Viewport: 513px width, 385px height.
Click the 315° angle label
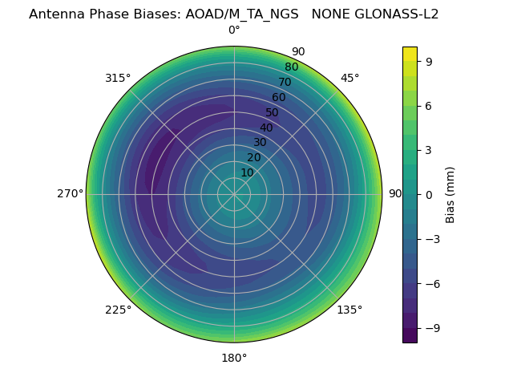(x=118, y=78)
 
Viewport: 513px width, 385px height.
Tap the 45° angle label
(x=350, y=78)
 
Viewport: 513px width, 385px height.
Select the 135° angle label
(x=349, y=310)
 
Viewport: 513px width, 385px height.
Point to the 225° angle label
(x=118, y=310)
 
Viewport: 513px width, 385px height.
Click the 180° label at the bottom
(x=234, y=358)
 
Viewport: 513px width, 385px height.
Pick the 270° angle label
(x=70, y=193)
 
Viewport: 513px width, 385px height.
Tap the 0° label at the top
(x=234, y=30)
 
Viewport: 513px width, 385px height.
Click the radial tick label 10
(x=247, y=172)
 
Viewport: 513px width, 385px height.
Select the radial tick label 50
(x=273, y=112)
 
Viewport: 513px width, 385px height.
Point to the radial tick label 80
(x=292, y=67)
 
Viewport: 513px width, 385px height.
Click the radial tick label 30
(x=260, y=143)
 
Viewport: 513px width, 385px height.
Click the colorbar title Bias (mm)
(x=450, y=194)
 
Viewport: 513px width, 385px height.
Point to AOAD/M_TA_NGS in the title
(x=248, y=14)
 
